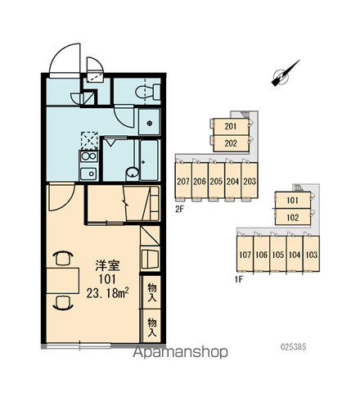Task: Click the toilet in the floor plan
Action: pos(148,92)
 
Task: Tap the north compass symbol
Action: pos(285,74)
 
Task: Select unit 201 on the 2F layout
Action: pos(231,127)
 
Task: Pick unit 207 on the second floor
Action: pos(183,181)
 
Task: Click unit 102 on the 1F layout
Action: pos(293,217)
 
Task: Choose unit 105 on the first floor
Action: pos(278,255)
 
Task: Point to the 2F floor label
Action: pos(179,210)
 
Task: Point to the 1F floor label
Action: pos(239,280)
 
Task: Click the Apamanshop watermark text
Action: pos(180,352)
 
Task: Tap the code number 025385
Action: pos(293,347)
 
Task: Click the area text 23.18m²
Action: pos(107,293)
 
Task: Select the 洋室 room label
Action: pos(107,265)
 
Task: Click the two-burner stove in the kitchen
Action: pos(89,156)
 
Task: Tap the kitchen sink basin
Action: pos(88,174)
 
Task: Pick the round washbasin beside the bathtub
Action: pos(133,173)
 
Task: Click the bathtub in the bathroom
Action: pos(150,160)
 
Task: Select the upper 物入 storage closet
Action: pos(151,292)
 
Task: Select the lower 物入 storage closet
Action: pos(151,326)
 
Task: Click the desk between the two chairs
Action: pos(62,281)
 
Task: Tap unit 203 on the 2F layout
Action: pos(250,181)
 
